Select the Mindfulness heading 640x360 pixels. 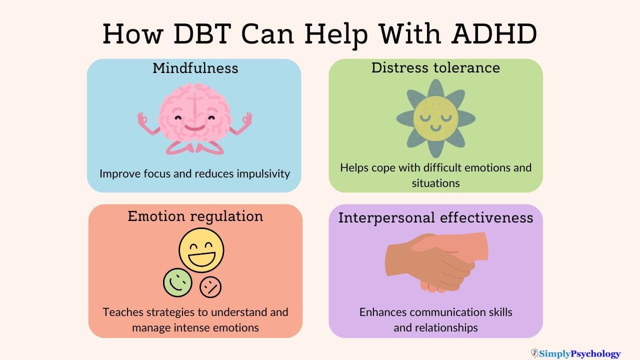pos(195,68)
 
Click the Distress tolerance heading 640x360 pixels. pos(435,68)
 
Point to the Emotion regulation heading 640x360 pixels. pos(195,216)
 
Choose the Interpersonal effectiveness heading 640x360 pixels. pos(435,218)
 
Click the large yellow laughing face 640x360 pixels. pos(201,250)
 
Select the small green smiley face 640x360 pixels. pos(177,282)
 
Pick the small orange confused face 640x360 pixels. pos(210,287)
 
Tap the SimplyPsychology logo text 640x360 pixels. pos(579,354)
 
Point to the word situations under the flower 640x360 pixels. pos(435,183)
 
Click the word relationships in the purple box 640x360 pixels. pos(435,328)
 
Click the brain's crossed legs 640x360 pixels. pos(195,146)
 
